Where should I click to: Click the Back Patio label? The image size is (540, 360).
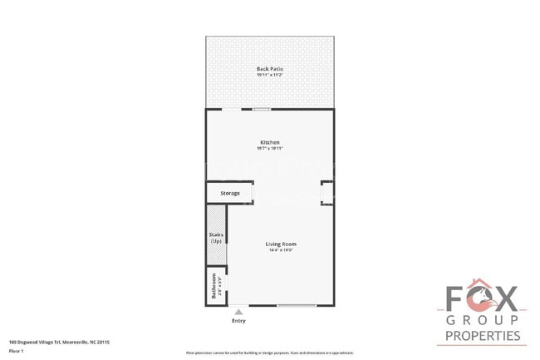pyautogui.click(x=269, y=69)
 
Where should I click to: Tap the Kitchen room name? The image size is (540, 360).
pyautogui.click(x=269, y=142)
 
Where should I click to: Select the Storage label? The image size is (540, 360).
pyautogui.click(x=230, y=193)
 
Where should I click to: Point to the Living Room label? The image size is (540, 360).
pyautogui.click(x=281, y=244)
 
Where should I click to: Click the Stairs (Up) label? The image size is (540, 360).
pyautogui.click(x=215, y=238)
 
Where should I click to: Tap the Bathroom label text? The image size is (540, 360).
pyautogui.click(x=214, y=286)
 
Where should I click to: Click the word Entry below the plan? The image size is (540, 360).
pyautogui.click(x=238, y=320)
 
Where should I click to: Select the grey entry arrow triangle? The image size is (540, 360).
pyautogui.click(x=238, y=312)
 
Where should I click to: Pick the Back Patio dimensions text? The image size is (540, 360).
pyautogui.click(x=269, y=76)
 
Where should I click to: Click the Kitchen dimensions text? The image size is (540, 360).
pyautogui.click(x=269, y=149)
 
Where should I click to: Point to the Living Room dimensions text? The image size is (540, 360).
pyautogui.click(x=281, y=250)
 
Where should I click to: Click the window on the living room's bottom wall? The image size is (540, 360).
pyautogui.click(x=297, y=306)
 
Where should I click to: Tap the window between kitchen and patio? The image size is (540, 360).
pyautogui.click(x=262, y=109)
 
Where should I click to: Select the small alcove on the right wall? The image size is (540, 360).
pyautogui.click(x=326, y=193)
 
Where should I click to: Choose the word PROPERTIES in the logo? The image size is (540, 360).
pyautogui.click(x=483, y=337)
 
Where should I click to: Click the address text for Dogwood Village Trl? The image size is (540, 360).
pyautogui.click(x=59, y=342)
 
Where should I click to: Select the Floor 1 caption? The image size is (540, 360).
pyautogui.click(x=16, y=352)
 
